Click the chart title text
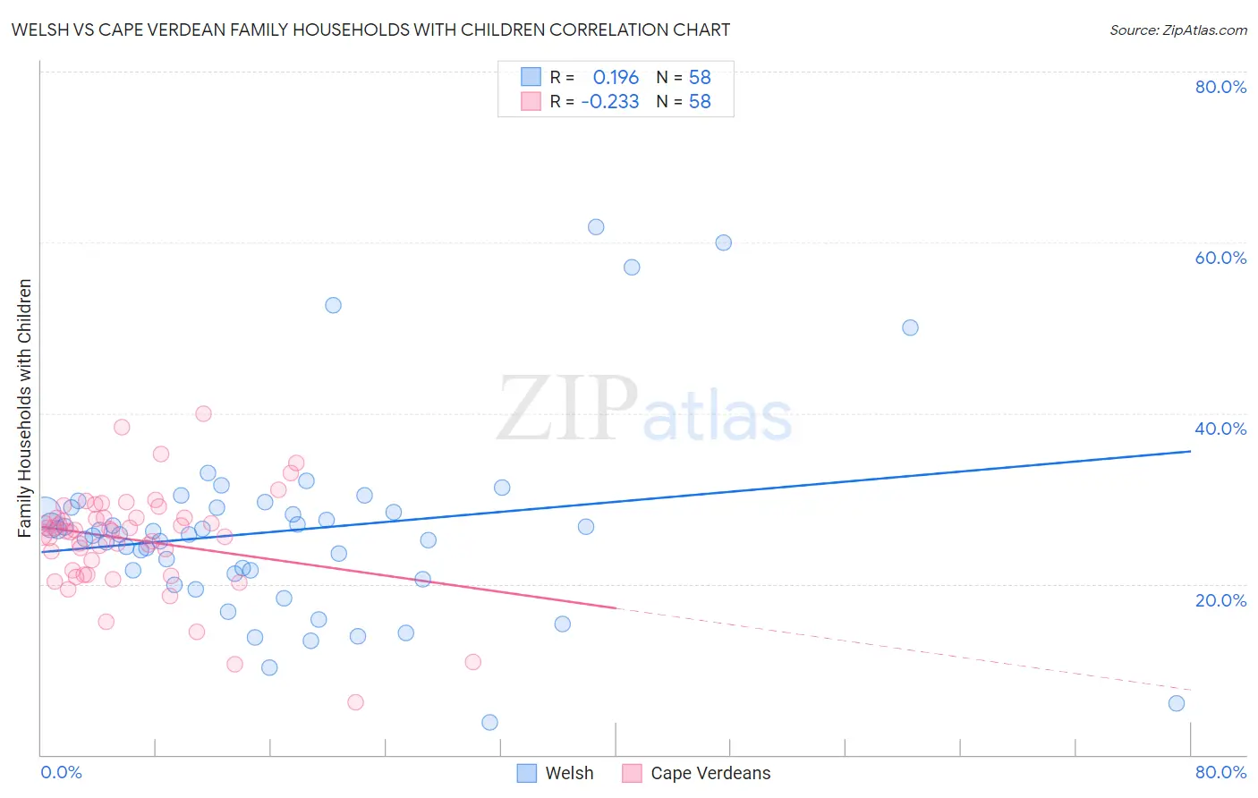(x=370, y=30)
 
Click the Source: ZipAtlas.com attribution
(x=1177, y=30)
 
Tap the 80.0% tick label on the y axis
(x=1220, y=87)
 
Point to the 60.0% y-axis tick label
(x=1220, y=258)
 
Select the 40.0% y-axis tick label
(x=1220, y=429)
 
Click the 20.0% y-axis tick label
(x=1220, y=600)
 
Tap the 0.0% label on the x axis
(x=61, y=772)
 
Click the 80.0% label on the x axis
(x=1220, y=772)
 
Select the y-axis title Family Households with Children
(x=25, y=408)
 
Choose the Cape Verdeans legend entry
(x=697, y=773)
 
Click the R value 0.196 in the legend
(x=616, y=78)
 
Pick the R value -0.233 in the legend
(x=610, y=102)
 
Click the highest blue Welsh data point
(x=596, y=227)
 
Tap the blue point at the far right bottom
(x=1177, y=703)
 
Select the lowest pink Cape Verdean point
(x=355, y=702)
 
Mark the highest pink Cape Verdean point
(x=203, y=413)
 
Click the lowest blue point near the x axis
(x=489, y=722)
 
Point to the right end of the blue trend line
(x=1190, y=451)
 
